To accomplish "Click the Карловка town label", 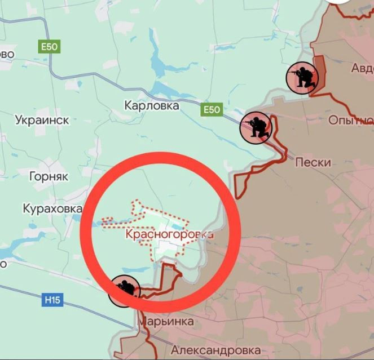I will pyautogui.click(x=151, y=105).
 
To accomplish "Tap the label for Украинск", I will pyautogui.click(x=42, y=120).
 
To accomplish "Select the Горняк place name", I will pyautogui.click(x=49, y=176).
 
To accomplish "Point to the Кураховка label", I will pyautogui.click(x=52, y=209).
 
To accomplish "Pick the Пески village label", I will pyautogui.click(x=313, y=162).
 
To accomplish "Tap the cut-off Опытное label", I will pyautogui.click(x=351, y=121).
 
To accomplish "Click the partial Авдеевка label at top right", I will pyautogui.click(x=362, y=69).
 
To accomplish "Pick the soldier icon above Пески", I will pyautogui.click(x=256, y=128).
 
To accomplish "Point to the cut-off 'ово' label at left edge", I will pyautogui.click(x=7, y=54).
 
